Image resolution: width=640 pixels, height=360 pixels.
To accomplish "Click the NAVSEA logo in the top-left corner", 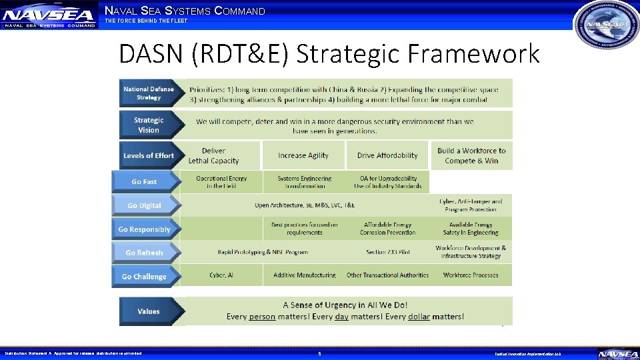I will [x=48, y=15].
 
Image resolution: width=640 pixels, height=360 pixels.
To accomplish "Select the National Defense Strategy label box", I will [x=149, y=93].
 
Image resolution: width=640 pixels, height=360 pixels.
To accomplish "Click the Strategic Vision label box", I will [x=149, y=125].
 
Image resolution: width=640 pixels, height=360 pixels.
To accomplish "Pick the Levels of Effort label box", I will [x=149, y=155].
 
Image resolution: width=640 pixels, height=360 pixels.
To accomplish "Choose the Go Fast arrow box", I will [x=145, y=181].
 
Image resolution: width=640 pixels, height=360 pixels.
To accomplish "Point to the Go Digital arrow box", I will [x=145, y=205].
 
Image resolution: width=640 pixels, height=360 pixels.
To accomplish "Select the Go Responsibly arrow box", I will [x=145, y=229].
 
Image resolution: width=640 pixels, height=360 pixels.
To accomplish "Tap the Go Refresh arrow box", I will [x=145, y=253].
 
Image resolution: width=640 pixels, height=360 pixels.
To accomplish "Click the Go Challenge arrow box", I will [x=145, y=276].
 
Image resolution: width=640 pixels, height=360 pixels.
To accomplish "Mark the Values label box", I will [x=149, y=311].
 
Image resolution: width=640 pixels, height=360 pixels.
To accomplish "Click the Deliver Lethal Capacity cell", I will [x=213, y=155].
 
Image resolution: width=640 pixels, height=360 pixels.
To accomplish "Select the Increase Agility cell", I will [x=303, y=155].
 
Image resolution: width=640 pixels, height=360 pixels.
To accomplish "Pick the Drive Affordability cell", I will [x=387, y=155].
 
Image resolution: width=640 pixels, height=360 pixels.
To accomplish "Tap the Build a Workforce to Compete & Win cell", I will [x=471, y=155].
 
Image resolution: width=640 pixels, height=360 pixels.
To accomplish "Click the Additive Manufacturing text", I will [x=305, y=275].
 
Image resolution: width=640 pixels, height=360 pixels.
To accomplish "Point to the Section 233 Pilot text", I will [x=387, y=252].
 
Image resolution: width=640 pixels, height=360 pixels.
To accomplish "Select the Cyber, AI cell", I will [x=221, y=275].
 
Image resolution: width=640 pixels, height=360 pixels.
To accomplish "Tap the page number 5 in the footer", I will [x=319, y=353].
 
